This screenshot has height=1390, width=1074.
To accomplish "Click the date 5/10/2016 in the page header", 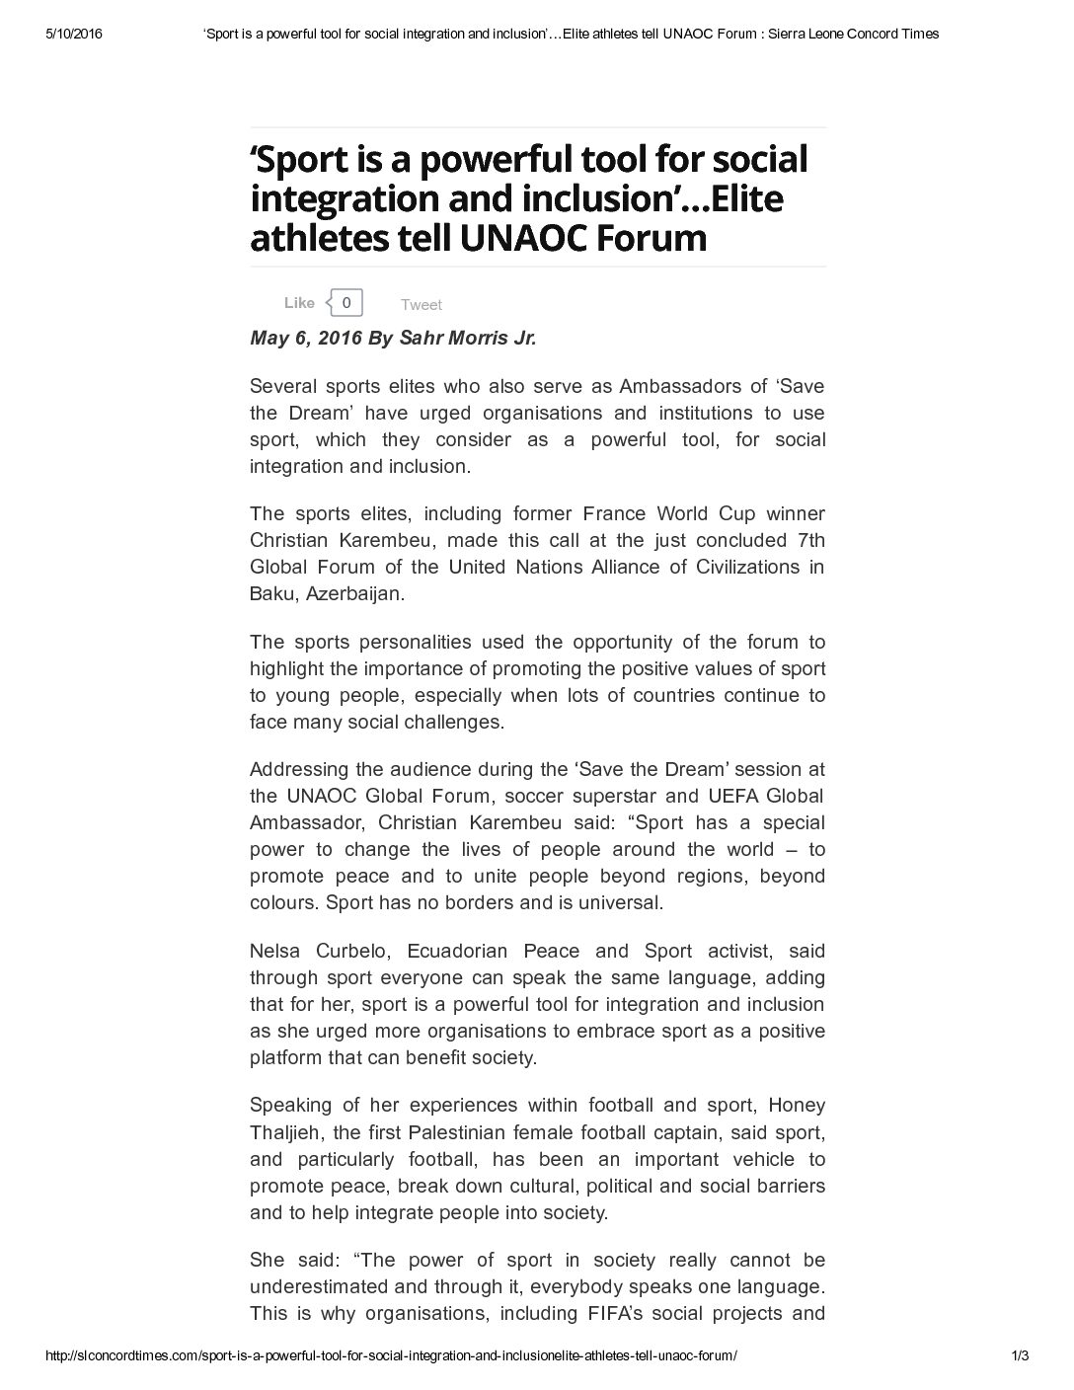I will (75, 34).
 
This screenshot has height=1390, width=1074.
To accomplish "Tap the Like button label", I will (299, 303).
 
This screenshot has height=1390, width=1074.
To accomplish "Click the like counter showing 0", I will (345, 302).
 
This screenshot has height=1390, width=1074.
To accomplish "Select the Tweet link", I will (422, 305).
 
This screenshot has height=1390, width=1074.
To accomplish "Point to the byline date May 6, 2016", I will (305, 339).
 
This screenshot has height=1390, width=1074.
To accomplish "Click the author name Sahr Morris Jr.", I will (467, 339).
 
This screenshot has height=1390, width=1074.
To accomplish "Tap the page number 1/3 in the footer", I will (1021, 1355).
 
